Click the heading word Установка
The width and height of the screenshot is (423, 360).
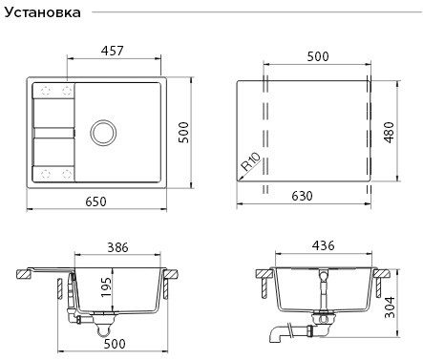click(45, 13)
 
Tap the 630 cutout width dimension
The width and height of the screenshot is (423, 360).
click(303, 196)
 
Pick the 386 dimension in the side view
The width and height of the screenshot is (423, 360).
click(117, 247)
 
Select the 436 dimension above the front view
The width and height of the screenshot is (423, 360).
click(324, 247)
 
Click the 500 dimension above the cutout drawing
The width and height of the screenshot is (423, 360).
click(318, 57)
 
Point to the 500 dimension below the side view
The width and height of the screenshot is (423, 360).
click(116, 344)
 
